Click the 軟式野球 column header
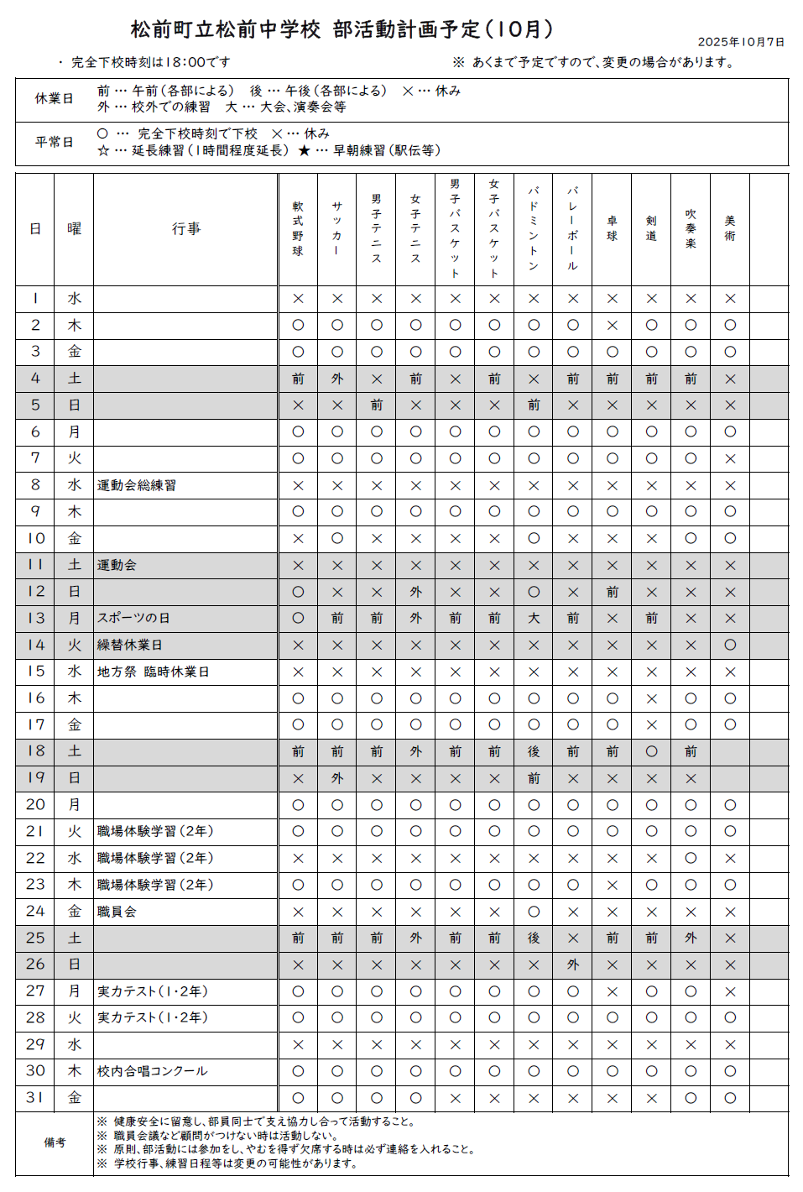[298, 228]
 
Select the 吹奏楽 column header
[691, 228]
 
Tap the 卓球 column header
[613, 228]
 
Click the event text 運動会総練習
[137, 485]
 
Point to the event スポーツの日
[133, 618]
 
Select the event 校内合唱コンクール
[152, 1071]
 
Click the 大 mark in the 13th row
[534, 618]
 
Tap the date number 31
[35, 1097]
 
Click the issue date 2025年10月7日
[741, 42]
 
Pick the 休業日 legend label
[54, 98]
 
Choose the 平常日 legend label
[54, 142]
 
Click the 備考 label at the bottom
[55, 1142]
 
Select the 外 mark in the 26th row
[573, 965]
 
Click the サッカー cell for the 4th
[337, 379]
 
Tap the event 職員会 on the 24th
[117, 912]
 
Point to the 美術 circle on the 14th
[730, 645]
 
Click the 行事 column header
[185, 228]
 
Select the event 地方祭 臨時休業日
[153, 672]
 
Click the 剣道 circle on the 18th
[652, 751]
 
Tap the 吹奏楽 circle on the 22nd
[691, 858]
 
